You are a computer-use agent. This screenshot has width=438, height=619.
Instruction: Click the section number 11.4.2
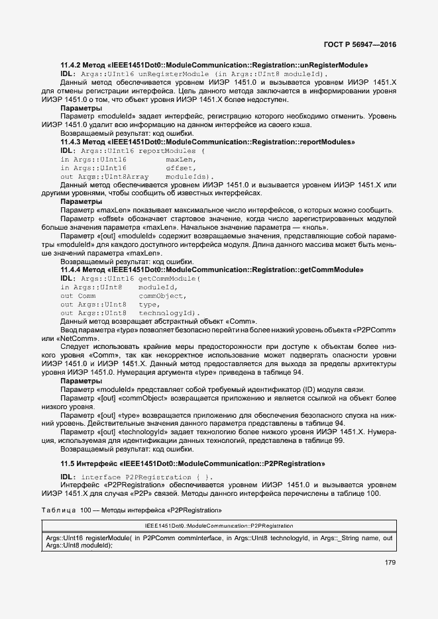click(72, 65)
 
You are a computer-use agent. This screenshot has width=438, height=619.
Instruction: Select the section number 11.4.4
click(72, 270)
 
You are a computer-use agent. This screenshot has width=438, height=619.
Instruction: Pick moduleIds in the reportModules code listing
click(190, 177)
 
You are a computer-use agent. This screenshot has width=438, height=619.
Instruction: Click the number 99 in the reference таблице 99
click(339, 441)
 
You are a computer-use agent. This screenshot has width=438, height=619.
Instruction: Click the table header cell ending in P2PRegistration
click(219, 525)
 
